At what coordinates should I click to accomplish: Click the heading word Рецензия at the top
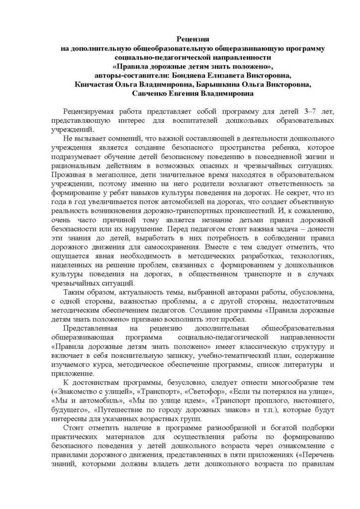[x=193, y=38]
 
